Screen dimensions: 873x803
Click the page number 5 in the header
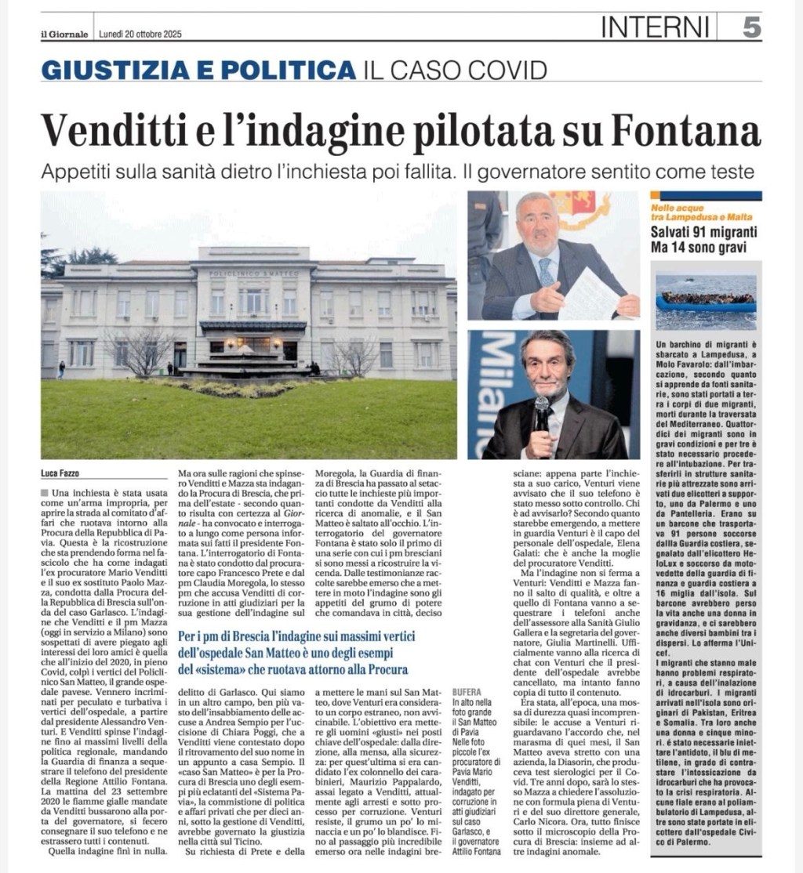coord(751,28)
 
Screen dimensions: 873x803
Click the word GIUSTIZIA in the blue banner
coord(123,70)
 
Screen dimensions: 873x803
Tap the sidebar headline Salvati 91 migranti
coord(695,233)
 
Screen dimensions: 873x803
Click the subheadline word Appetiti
coord(77,171)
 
